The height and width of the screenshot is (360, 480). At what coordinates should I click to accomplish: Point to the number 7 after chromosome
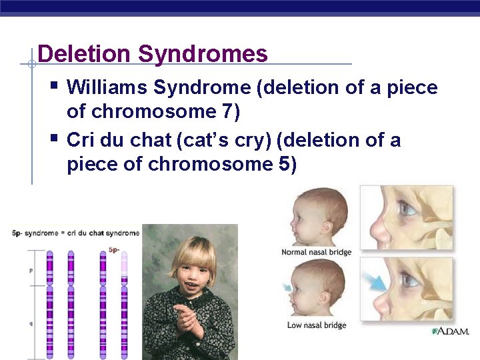tap(228, 112)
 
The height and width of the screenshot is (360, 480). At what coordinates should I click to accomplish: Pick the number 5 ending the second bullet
tap(285, 164)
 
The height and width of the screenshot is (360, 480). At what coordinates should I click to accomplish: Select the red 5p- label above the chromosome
tap(114, 250)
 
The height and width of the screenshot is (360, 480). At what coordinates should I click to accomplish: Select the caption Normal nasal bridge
tap(316, 252)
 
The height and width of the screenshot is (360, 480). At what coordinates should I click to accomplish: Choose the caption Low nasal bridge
tap(316, 325)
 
